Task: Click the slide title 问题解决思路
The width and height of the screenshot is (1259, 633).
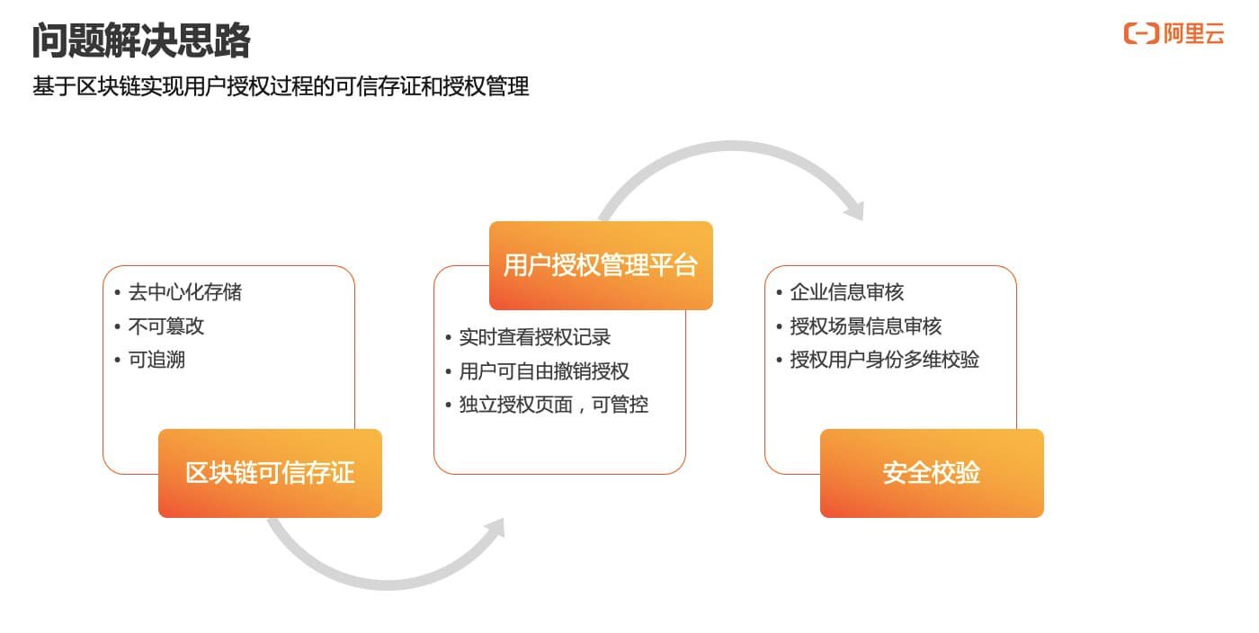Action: (141, 41)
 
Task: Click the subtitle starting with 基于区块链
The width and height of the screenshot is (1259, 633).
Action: (281, 87)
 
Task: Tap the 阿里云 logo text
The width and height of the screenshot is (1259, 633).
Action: (1193, 35)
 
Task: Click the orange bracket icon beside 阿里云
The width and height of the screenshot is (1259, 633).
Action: (1140, 35)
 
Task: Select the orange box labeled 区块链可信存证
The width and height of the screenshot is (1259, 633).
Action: (270, 473)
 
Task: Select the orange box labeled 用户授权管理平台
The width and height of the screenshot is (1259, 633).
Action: (601, 265)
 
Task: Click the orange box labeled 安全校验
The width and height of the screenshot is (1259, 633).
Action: (932, 473)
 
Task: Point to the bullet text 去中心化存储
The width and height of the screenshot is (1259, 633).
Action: (184, 292)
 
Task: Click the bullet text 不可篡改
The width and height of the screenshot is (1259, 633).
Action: (166, 326)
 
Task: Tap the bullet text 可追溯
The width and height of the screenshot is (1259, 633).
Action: (156, 361)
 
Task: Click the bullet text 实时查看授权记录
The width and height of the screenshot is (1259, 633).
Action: (534, 337)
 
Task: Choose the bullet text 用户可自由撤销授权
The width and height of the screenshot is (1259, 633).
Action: (543, 371)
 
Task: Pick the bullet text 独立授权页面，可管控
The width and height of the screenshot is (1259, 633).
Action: (553, 406)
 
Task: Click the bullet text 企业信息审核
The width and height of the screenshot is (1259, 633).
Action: (846, 292)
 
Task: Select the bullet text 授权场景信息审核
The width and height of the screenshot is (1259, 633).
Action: (865, 326)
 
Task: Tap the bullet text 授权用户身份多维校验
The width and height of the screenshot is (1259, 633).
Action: (884, 361)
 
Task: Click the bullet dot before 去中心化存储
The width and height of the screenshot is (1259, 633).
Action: (118, 292)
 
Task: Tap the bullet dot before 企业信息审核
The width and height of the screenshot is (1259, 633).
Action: (780, 292)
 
